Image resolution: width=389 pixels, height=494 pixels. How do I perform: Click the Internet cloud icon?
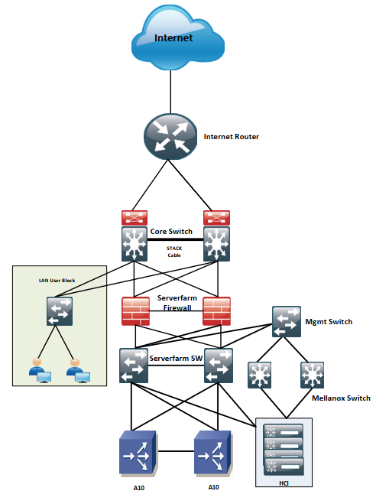(x=177, y=37)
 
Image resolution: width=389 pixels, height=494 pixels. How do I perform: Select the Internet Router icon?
(x=170, y=137)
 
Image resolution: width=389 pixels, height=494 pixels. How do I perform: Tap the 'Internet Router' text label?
(x=232, y=137)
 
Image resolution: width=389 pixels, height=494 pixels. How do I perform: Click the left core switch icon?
(x=135, y=244)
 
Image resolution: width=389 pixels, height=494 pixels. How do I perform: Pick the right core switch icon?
(x=216, y=244)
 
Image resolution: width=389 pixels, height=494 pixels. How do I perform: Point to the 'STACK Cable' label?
(x=174, y=252)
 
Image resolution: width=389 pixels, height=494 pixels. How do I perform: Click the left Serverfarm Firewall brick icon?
(x=135, y=311)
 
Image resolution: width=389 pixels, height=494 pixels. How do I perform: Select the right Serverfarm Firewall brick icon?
(x=216, y=311)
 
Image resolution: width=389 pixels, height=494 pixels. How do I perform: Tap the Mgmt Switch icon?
(x=287, y=321)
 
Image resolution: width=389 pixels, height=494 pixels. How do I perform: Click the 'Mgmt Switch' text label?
(x=329, y=322)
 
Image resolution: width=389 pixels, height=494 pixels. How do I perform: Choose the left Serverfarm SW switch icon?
(x=134, y=366)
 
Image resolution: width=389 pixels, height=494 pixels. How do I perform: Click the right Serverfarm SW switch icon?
(x=219, y=366)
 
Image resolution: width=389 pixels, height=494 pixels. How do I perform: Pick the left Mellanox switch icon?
(x=259, y=375)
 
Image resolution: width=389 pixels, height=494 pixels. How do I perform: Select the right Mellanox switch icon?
(x=312, y=375)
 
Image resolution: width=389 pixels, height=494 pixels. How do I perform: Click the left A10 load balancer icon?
(x=138, y=453)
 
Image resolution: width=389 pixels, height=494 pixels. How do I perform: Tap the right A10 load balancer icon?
(x=213, y=453)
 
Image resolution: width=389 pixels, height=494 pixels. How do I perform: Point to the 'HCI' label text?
(x=284, y=483)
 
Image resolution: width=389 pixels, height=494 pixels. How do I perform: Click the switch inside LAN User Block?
(x=60, y=311)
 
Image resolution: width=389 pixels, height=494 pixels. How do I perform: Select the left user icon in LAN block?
(x=40, y=370)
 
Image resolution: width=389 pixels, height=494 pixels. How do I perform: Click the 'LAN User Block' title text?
(x=57, y=281)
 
